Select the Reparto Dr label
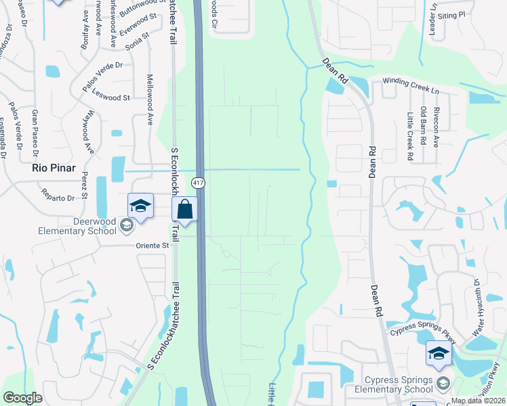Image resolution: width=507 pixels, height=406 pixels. pyautogui.click(x=58, y=198)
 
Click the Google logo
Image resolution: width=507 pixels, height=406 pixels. pyautogui.click(x=23, y=398)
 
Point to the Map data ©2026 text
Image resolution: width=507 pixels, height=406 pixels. pyautogui.click(x=479, y=401)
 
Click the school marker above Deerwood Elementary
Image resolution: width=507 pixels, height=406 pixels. pyautogui.click(x=140, y=206)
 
